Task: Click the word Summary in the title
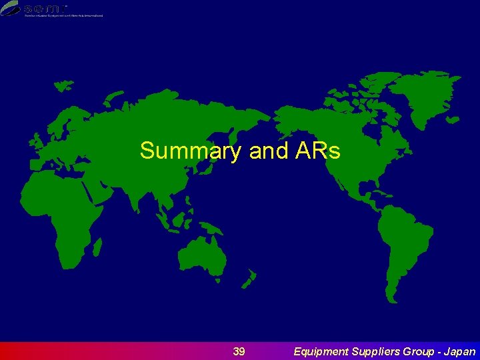coord(189,151)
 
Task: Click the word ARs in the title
coord(316,151)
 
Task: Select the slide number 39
coord(239,351)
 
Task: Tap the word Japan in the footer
coord(459,351)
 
